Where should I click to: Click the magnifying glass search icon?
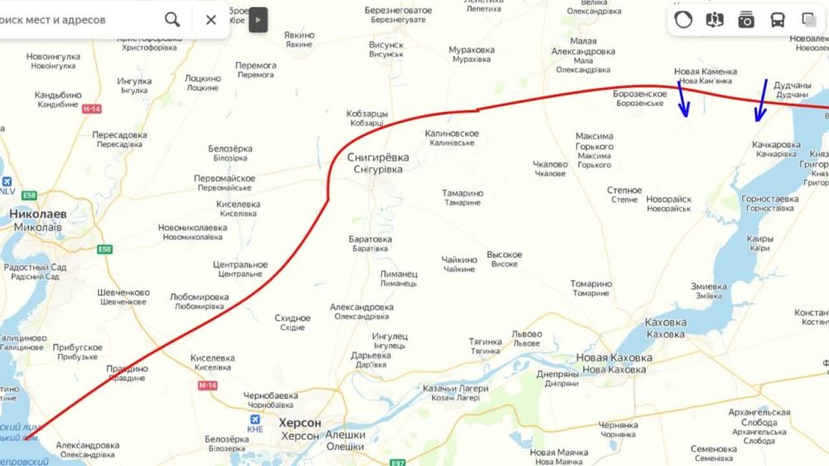[172, 19]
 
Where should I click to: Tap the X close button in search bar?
[211, 20]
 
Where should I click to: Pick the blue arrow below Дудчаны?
[761, 100]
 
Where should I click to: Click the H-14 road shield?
[92, 109]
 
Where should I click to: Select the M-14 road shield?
[207, 386]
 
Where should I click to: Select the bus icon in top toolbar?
[778, 20]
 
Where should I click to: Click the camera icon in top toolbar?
[746, 20]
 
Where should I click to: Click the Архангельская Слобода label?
[759, 417]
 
